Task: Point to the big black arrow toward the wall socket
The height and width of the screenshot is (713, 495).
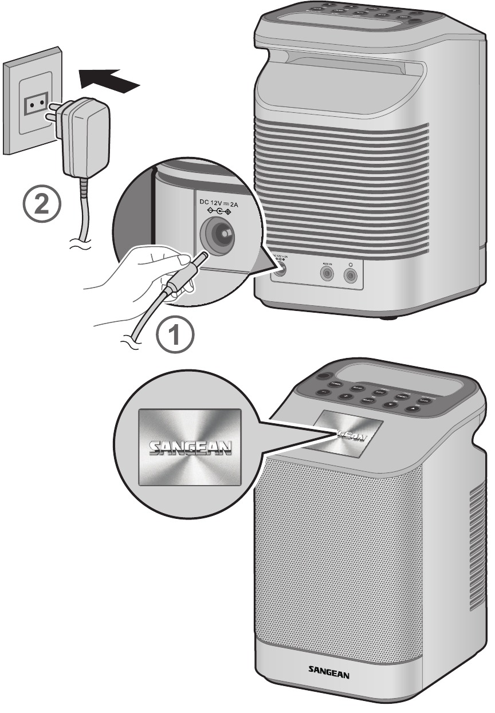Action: point(109,78)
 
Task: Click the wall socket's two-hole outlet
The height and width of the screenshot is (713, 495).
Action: point(34,103)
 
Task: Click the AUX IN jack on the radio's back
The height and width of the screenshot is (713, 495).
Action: point(327,274)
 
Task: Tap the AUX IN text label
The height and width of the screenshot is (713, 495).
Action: point(327,263)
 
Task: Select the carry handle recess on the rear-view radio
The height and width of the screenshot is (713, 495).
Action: point(338,74)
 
